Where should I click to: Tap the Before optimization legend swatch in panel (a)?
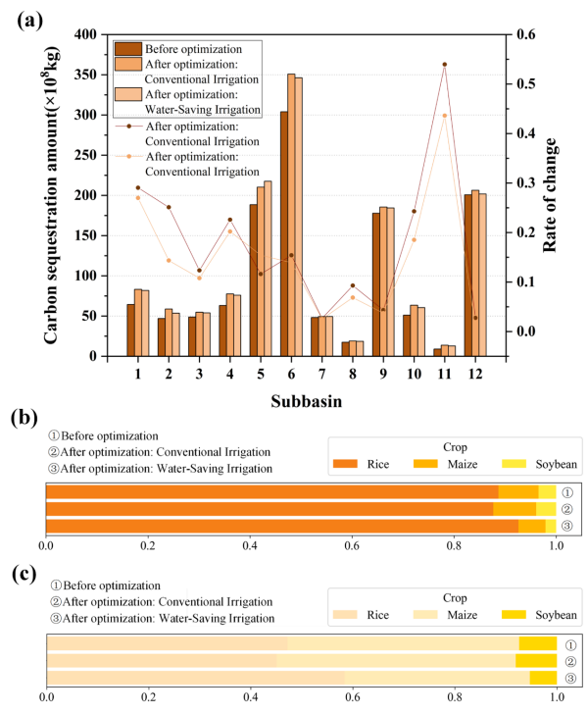(x=127, y=49)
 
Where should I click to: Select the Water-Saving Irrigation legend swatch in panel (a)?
(x=127, y=95)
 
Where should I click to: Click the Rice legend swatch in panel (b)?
(x=346, y=463)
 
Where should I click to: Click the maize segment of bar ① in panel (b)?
(x=518, y=491)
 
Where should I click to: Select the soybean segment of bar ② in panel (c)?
(x=536, y=660)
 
